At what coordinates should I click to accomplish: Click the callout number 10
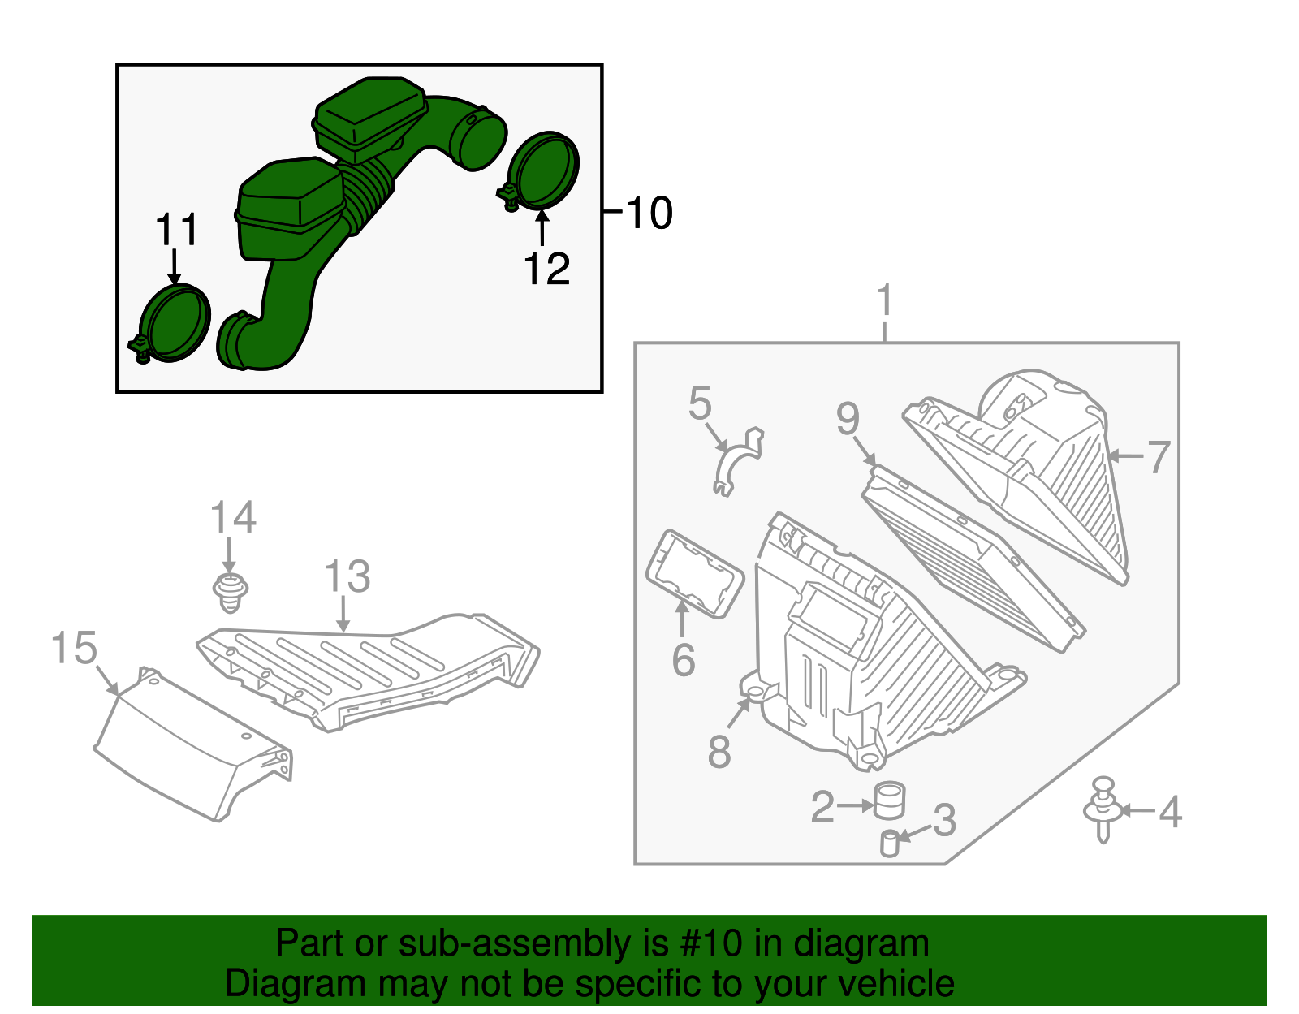(x=649, y=214)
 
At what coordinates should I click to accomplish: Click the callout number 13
(x=347, y=577)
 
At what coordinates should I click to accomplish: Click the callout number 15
(x=74, y=649)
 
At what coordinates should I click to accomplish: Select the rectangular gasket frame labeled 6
(x=694, y=575)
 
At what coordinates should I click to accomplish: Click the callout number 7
(x=1159, y=457)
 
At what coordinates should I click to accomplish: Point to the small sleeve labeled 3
(x=890, y=844)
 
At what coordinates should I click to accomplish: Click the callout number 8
(x=719, y=751)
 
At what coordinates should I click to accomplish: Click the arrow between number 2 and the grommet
(x=855, y=805)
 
